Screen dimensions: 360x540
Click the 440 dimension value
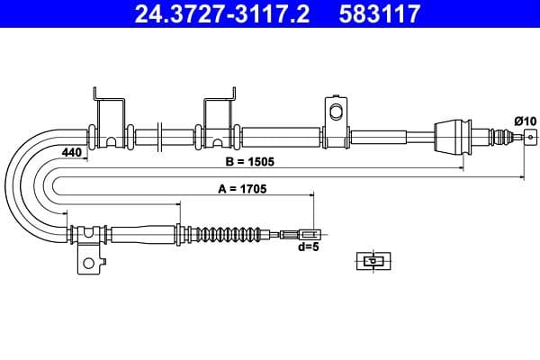pos(72,153)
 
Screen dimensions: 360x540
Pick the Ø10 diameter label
pos(524,121)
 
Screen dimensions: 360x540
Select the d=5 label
pos(309,247)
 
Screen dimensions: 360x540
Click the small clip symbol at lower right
pos(372,261)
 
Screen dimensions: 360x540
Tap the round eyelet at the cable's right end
pos(529,137)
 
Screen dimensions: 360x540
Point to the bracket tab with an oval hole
pos(337,114)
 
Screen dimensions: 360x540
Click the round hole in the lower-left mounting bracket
pos(88,265)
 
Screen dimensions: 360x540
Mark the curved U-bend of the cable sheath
pos(27,184)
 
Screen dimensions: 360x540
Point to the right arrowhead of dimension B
pos(520,177)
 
